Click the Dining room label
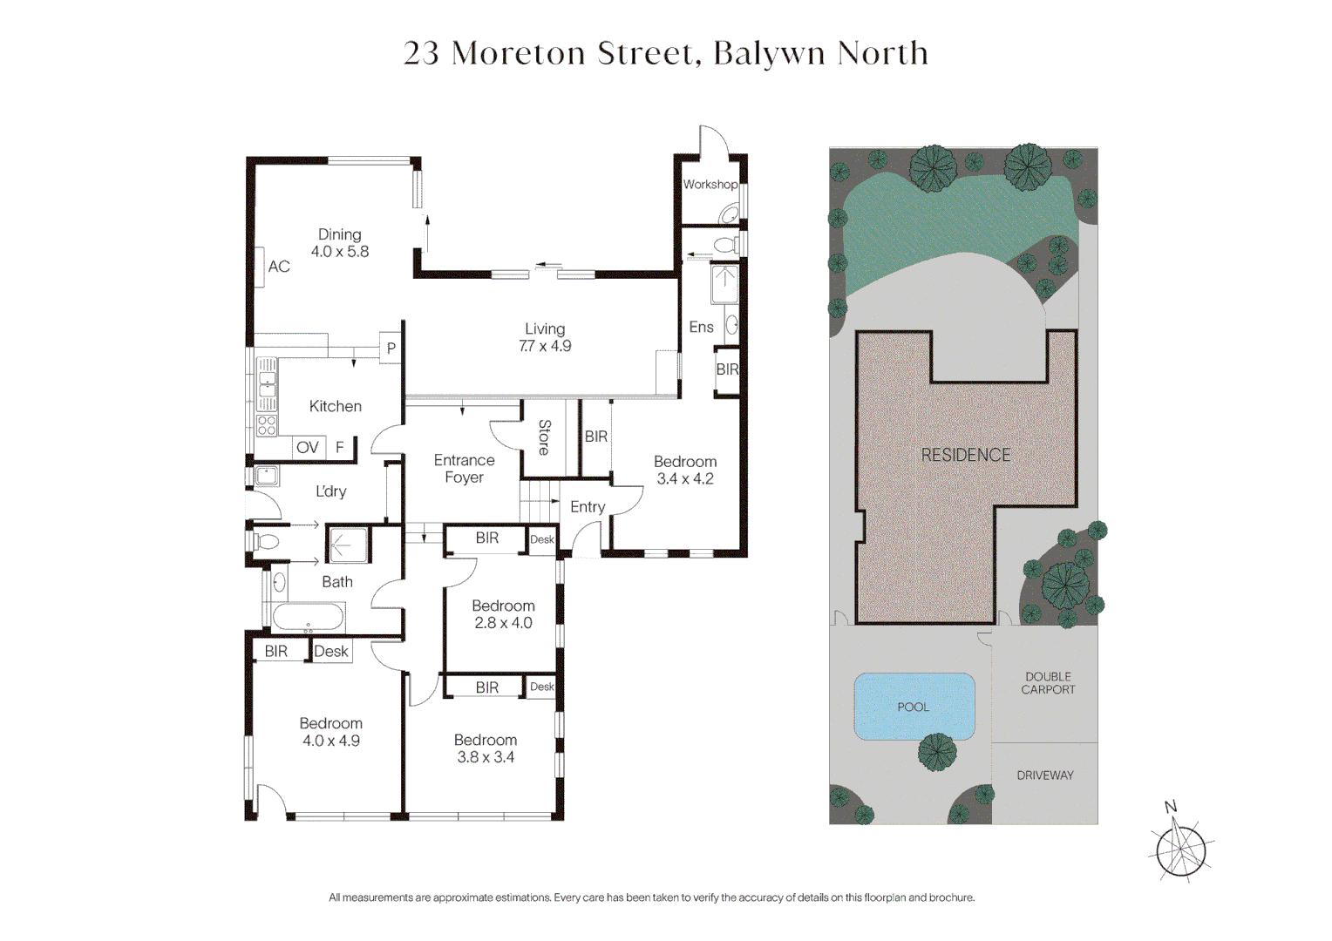tap(340, 243)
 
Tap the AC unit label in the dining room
tap(279, 267)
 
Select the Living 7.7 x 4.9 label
tap(545, 337)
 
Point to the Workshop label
tap(710, 185)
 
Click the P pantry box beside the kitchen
tap(391, 348)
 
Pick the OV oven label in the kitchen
tap(307, 448)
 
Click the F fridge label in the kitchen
tap(340, 448)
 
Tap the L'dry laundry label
tap(331, 491)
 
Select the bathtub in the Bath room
tap(308, 617)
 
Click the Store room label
tap(544, 437)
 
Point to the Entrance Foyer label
tap(464, 469)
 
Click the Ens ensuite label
tap(701, 328)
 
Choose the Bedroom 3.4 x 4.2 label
tap(685, 470)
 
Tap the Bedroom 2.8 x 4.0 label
tap(503, 614)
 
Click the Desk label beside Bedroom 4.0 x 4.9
tap(331, 652)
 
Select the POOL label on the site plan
tap(913, 707)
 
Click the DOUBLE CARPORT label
tap(1048, 683)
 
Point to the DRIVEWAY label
tap(1045, 775)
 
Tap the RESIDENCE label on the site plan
tap(966, 456)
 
